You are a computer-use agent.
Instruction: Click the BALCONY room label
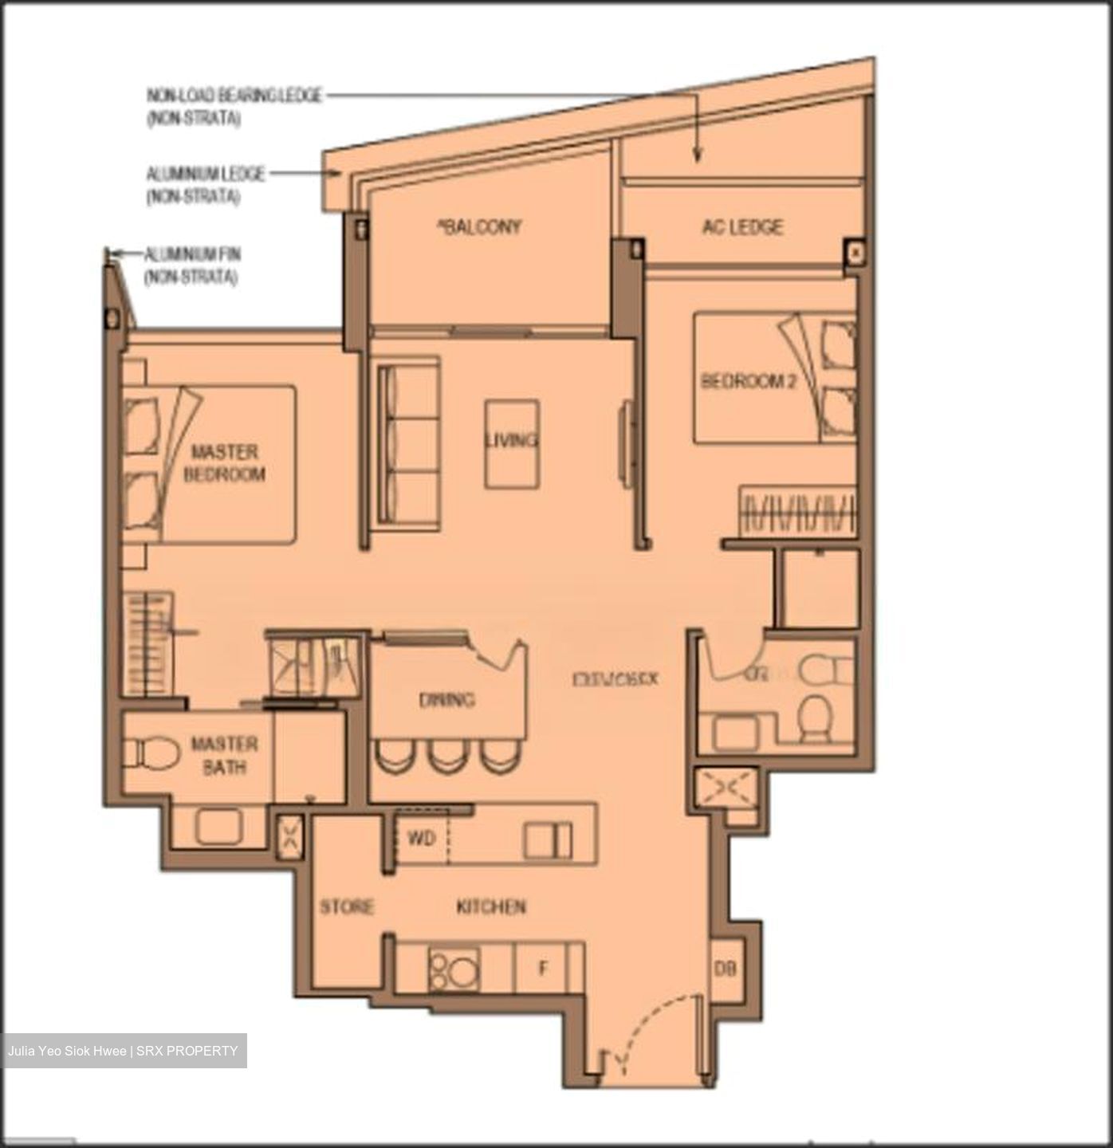coord(480,227)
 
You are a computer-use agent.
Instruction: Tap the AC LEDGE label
coord(742,227)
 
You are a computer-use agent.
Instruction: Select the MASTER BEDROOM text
coord(224,463)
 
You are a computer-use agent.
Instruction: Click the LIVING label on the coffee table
coord(511,440)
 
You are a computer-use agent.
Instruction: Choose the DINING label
coord(446,700)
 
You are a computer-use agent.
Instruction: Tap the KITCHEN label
coord(490,906)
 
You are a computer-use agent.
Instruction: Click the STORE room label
coord(347,907)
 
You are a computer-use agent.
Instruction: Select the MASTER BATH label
coord(224,756)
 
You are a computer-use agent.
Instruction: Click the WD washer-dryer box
coord(421,839)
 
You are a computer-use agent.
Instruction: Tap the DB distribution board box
coord(726,969)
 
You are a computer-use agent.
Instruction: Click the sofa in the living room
coord(408,442)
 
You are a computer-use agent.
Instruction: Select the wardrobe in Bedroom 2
coord(798,510)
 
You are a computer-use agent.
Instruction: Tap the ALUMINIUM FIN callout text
coord(191,265)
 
